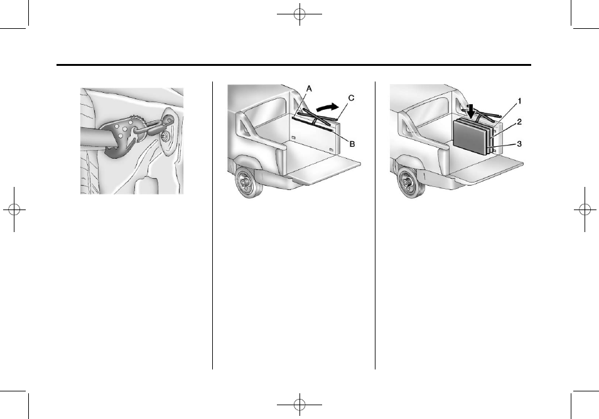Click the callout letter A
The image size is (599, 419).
309,89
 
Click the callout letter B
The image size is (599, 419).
352,144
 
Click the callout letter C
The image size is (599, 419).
351,98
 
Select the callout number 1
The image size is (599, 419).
519,101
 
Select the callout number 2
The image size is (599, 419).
519,122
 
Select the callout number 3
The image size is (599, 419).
519,144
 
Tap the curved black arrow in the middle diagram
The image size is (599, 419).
328,107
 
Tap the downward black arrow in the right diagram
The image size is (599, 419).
472,111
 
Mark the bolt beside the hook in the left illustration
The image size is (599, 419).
166,137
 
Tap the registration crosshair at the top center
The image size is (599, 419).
299,14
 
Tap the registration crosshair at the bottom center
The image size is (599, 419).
299,404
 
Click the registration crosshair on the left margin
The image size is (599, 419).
14,209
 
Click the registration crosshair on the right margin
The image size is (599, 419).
585,209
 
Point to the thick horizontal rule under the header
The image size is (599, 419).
294,65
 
